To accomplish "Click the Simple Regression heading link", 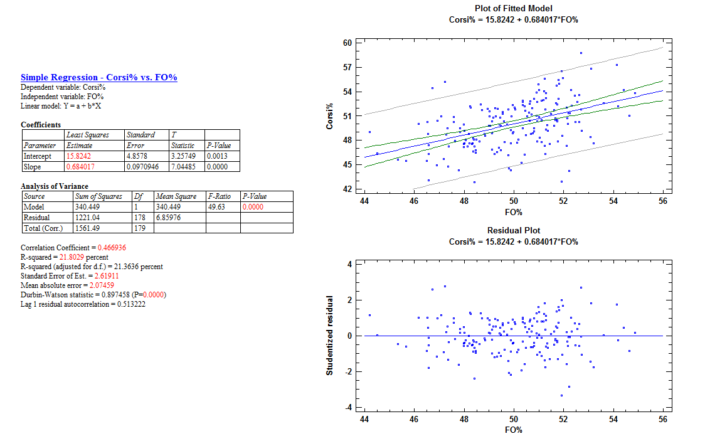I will click(x=99, y=77).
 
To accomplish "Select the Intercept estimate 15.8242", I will click(x=80, y=156).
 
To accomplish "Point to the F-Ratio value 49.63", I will click(x=215, y=206).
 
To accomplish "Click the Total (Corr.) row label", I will click(x=42, y=228).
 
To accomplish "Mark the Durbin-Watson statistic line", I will click(x=93, y=295).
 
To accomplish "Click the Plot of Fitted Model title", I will click(x=513, y=9).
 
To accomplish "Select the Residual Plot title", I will click(x=513, y=231).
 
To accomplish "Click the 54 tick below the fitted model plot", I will click(x=613, y=201).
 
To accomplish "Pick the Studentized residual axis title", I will click(x=330, y=336).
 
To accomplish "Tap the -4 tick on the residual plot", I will click(x=349, y=408).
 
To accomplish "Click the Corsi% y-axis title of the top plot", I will click(x=330, y=117).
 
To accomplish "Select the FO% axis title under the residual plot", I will click(x=513, y=430).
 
